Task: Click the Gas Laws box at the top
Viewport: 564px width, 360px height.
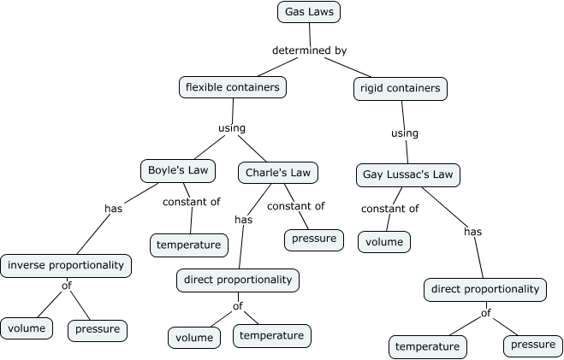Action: click(310, 12)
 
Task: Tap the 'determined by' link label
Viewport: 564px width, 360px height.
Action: click(309, 50)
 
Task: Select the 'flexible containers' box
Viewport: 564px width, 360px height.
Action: click(233, 86)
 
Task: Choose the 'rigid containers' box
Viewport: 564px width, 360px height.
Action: click(400, 88)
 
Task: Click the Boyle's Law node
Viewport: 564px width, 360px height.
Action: click(178, 170)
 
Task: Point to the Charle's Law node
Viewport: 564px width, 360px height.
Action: click(277, 172)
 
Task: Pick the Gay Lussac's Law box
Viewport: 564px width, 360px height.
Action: click(408, 175)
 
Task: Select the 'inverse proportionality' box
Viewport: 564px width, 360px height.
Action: click(66, 265)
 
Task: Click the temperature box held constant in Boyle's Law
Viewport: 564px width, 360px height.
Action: click(189, 245)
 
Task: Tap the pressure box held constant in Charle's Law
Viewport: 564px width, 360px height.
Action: click(313, 239)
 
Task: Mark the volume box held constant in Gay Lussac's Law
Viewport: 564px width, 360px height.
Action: click(384, 242)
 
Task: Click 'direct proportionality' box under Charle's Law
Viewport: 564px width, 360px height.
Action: click(238, 280)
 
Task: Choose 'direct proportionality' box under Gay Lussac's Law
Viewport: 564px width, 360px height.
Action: click(485, 289)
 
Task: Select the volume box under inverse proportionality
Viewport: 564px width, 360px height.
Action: click(27, 328)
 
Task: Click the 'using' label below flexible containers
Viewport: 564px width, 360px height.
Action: click(232, 128)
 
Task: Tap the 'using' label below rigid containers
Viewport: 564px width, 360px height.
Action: click(404, 133)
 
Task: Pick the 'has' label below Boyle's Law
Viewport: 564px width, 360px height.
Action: click(114, 208)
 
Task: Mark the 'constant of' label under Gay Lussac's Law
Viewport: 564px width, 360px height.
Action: click(389, 209)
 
